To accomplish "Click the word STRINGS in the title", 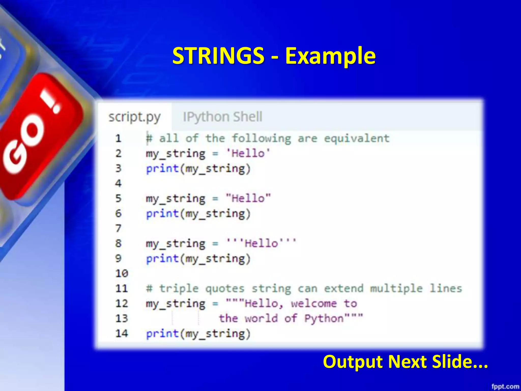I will tap(218, 56).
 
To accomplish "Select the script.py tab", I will tap(134, 117).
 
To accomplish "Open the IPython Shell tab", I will tap(222, 117).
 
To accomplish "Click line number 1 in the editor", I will tap(118, 138).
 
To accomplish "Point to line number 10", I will tap(122, 273).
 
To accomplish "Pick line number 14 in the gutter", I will tap(122, 333).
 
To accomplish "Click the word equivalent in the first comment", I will tap(357, 138).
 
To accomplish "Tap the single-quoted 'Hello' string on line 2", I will tap(248, 153).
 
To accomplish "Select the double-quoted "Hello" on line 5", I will tap(248, 198).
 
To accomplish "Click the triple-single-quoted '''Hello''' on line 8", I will tap(261, 243).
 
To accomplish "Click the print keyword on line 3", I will tap(162, 169).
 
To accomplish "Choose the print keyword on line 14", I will tap(162, 333).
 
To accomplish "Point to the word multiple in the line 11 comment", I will tap(396, 288).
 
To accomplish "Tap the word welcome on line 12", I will tap(314, 303).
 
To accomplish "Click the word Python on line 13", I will tap(324, 318).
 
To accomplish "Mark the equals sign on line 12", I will tap(215, 304).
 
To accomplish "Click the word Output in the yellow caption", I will tap(353, 362).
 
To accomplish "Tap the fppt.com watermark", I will tap(505, 386).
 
